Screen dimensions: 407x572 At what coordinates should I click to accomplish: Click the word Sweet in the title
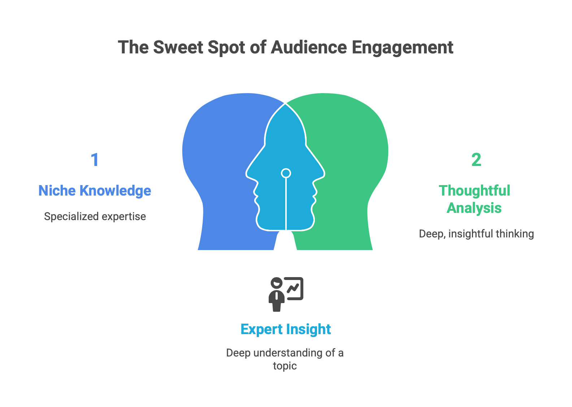coord(178,47)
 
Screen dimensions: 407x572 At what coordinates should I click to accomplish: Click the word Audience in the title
coord(309,47)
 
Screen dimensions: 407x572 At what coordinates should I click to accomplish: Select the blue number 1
coord(95,160)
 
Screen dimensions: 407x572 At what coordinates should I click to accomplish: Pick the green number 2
coord(476,160)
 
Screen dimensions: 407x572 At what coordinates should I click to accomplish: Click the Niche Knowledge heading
coord(95,191)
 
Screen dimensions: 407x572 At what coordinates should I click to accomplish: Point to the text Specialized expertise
coord(95,216)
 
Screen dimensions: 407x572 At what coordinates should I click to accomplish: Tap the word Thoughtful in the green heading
coord(474,191)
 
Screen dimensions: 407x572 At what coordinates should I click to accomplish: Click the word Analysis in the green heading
coord(474,208)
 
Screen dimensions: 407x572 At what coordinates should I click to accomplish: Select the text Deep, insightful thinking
coord(476,234)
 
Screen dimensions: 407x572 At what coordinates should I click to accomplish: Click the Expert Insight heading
coord(286,329)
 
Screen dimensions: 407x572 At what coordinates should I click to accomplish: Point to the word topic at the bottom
coord(285,366)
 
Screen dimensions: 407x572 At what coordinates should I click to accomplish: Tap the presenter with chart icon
coord(286,294)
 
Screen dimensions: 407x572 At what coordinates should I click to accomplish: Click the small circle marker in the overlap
coord(286,173)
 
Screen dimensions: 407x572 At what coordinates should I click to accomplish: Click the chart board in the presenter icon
coord(294,289)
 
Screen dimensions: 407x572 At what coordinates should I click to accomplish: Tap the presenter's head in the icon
coord(277,283)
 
